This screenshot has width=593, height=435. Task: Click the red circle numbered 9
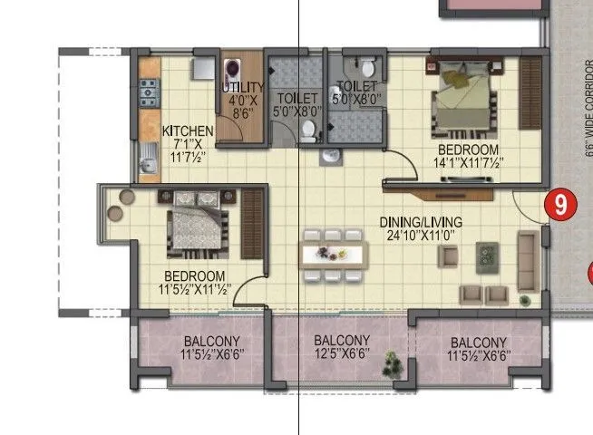coord(560,205)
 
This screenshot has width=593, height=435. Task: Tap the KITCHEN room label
coord(188,130)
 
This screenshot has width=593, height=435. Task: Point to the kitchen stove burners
coord(149,89)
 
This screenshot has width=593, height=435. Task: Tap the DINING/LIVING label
coord(423,222)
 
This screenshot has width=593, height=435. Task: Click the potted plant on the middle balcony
coord(392,364)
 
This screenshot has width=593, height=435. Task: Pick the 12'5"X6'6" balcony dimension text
coord(341,355)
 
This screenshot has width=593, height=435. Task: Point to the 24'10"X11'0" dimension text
coord(423,236)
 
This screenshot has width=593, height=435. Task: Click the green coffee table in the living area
coord(489,255)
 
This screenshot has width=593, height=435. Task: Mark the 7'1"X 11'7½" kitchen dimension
coord(188,150)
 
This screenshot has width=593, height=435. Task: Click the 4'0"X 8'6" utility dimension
coord(241,109)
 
